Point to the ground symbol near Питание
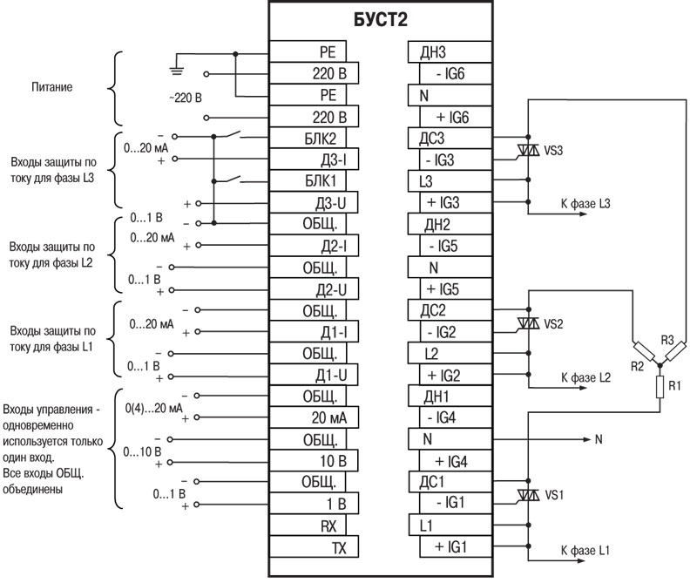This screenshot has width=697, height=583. click(178, 61)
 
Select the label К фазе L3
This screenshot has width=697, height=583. click(585, 203)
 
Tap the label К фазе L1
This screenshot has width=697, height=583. click(585, 552)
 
